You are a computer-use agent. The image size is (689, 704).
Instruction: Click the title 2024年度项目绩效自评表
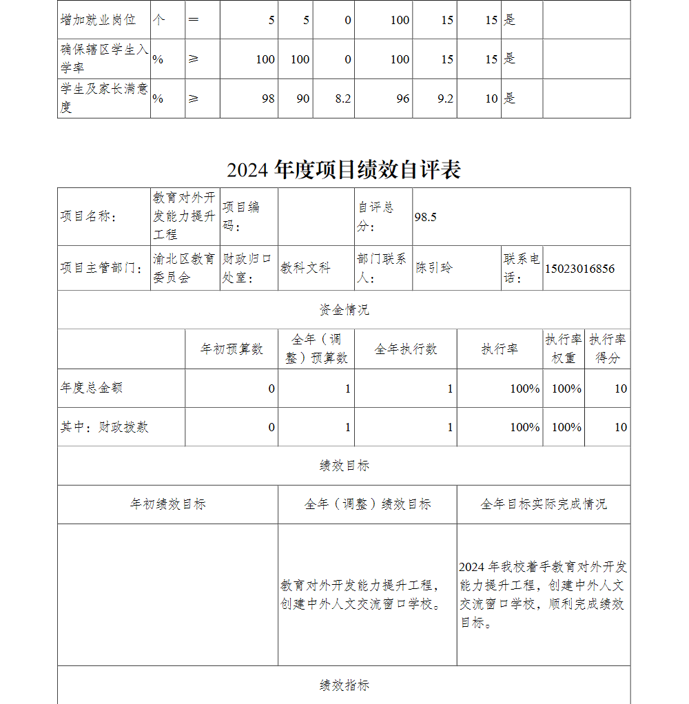click(x=344, y=169)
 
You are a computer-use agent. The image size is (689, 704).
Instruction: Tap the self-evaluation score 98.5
click(x=426, y=217)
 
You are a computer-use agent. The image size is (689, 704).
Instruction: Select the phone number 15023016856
click(x=579, y=269)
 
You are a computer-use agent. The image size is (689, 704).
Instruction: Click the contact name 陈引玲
click(x=435, y=268)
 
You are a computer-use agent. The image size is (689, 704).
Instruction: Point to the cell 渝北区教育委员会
click(x=184, y=268)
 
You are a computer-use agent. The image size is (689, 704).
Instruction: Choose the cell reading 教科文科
click(x=305, y=268)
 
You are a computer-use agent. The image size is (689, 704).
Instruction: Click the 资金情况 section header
click(x=344, y=310)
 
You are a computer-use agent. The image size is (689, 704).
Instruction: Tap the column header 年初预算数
click(x=232, y=349)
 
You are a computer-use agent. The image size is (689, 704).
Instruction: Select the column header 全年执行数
click(x=405, y=349)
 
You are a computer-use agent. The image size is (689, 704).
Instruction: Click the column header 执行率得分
click(x=607, y=349)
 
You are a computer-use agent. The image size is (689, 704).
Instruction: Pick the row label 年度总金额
click(x=92, y=388)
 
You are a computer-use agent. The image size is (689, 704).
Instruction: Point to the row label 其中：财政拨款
click(x=104, y=427)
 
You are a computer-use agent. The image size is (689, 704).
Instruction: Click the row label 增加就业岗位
click(x=98, y=20)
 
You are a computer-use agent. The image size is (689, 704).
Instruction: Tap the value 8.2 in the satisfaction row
click(x=343, y=99)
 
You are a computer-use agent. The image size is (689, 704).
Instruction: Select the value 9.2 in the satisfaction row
click(x=445, y=99)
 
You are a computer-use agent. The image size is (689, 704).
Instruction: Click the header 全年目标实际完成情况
click(x=543, y=504)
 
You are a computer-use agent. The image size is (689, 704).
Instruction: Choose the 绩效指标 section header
click(x=344, y=685)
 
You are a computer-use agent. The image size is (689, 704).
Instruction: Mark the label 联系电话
click(x=522, y=268)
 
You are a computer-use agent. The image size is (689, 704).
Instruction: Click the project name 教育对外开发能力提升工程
click(x=185, y=216)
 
